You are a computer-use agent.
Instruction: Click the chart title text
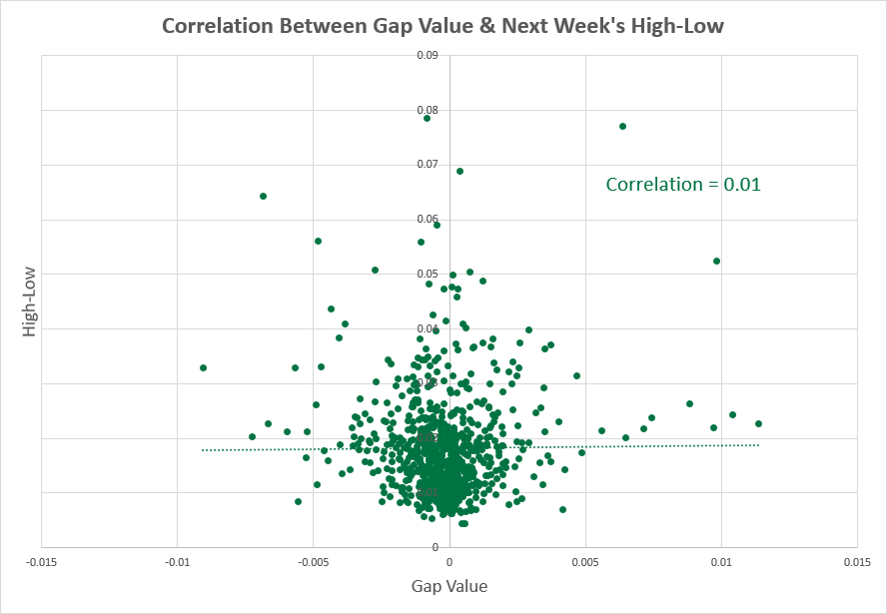coord(443,27)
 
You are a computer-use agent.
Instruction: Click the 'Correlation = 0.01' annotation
coord(684,185)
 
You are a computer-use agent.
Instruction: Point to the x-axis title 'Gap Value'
coord(449,586)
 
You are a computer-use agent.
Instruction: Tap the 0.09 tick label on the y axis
coord(428,55)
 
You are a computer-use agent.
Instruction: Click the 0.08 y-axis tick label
coord(428,110)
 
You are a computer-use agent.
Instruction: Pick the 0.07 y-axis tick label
coord(428,164)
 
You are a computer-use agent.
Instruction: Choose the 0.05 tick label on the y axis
coord(428,274)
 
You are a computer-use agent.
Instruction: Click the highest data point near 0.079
coord(427,118)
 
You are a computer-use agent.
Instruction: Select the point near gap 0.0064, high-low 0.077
coord(622,126)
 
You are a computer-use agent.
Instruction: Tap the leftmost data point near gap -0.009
coord(203,367)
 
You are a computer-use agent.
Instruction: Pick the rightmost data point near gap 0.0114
coord(758,423)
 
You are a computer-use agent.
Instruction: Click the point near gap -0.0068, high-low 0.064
coord(263,196)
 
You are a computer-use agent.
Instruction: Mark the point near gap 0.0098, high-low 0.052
coord(716,261)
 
